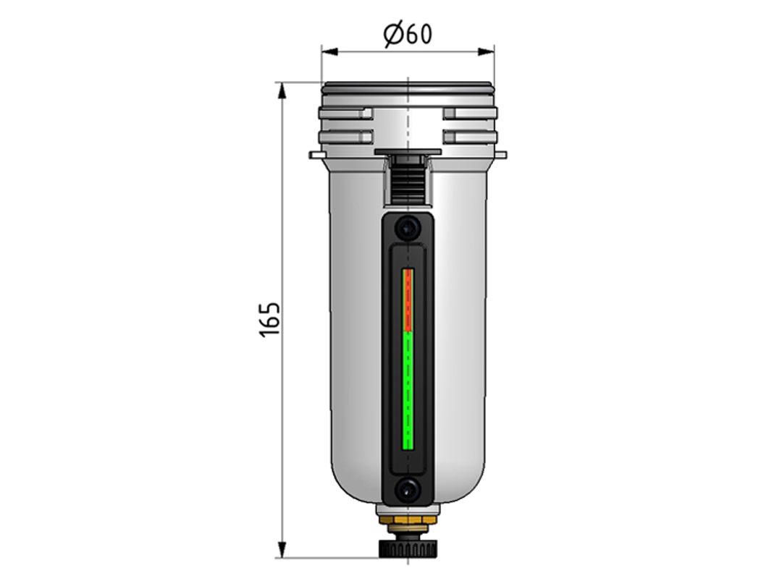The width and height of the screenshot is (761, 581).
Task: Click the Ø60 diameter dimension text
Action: click(407, 34)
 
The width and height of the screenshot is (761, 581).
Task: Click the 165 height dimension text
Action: click(270, 320)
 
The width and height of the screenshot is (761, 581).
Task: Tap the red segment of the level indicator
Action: click(408, 300)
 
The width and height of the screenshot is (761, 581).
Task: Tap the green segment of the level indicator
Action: click(408, 391)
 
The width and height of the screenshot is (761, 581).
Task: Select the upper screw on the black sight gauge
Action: click(407, 227)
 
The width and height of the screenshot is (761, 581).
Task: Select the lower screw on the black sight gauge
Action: click(407, 491)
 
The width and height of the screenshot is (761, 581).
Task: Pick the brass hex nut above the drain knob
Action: click(408, 521)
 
